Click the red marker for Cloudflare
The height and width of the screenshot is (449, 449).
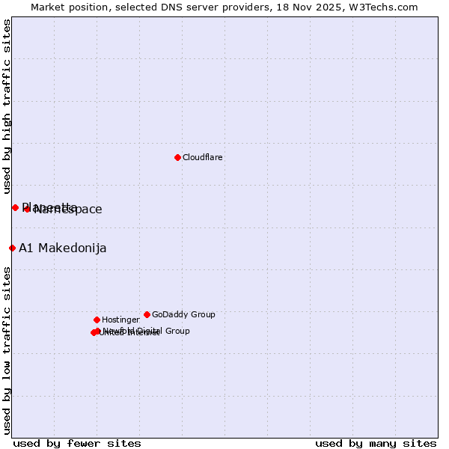(177, 157)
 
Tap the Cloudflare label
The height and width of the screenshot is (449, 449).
(203, 157)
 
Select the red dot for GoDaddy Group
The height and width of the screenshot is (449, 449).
(147, 314)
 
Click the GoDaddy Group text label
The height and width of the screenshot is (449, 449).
(183, 314)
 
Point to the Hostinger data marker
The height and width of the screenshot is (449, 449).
(97, 320)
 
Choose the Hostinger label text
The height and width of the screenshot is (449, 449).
(120, 320)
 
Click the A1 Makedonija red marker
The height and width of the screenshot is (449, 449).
(12, 248)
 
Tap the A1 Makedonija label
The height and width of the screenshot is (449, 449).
(63, 248)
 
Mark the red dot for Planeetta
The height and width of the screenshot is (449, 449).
(15, 207)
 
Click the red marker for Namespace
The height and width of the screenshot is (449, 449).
(27, 209)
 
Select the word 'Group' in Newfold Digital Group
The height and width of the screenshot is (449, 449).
(177, 331)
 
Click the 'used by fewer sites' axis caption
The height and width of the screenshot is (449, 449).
(77, 443)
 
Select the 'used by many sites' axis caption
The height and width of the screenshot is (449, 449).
(376, 443)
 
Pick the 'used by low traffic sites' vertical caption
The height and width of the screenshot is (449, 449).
(7, 349)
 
